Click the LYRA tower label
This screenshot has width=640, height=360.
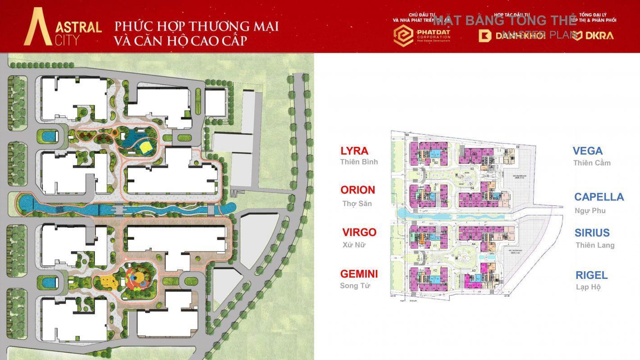[354, 151]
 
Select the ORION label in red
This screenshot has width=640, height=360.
[358, 190]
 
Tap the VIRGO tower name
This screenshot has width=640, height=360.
[359, 232]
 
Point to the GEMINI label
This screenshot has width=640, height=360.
[359, 274]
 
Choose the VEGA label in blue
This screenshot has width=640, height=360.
[588, 151]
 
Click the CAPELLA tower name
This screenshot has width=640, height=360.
[599, 197]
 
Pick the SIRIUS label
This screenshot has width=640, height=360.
[592, 233]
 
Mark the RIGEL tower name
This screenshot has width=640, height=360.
[591, 275]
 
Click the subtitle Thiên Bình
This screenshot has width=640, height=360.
[359, 162]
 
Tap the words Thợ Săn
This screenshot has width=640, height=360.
[357, 204]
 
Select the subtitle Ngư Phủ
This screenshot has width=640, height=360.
[590, 211]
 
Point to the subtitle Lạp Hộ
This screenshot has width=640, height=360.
[588, 287]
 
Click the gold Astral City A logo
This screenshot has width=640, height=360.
[38, 27]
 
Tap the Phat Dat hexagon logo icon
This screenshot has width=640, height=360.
[403, 36]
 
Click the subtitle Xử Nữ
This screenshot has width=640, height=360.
[354, 245]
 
